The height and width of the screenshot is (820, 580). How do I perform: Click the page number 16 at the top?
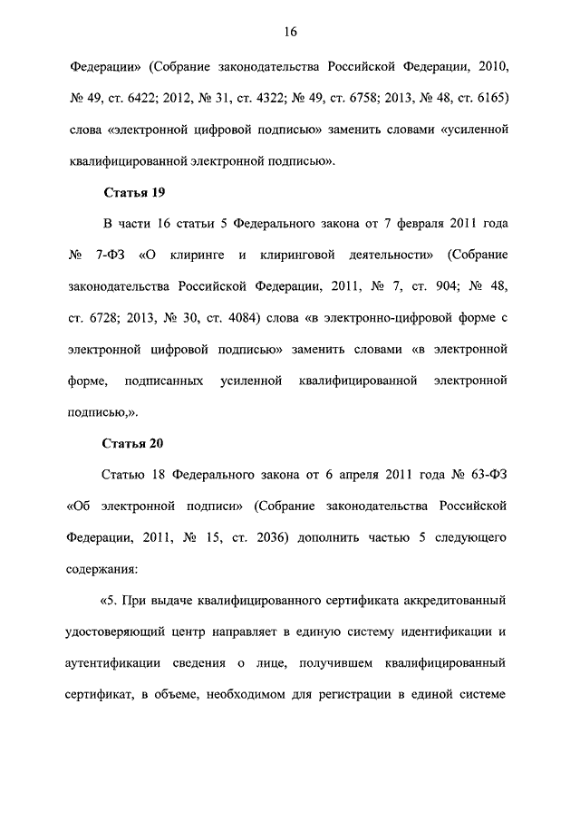(289, 32)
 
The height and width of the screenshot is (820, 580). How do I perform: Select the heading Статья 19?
(134, 193)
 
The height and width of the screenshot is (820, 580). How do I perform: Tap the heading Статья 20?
(134, 443)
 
